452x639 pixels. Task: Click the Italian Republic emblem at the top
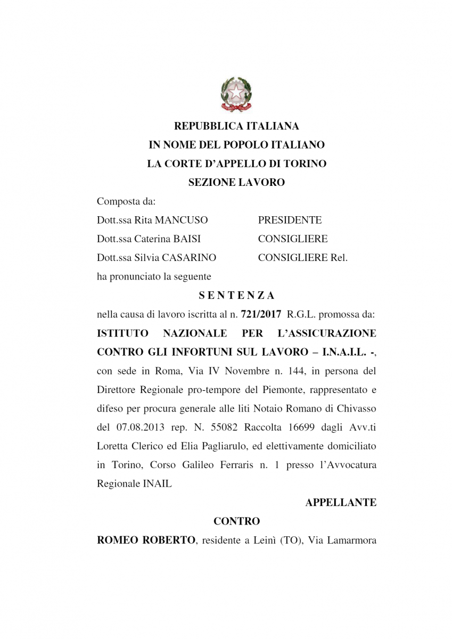pos(236,94)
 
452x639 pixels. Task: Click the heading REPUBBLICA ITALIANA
pos(236,126)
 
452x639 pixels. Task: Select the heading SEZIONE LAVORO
pos(236,182)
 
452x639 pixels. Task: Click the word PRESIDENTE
pos(290,220)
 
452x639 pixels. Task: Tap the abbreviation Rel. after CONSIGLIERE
pos(339,258)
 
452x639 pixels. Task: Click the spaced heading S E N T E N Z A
pos(236,294)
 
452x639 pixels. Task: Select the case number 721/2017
pos(258,315)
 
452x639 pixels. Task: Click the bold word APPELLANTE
pos(341,502)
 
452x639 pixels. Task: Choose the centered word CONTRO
pos(236,521)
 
